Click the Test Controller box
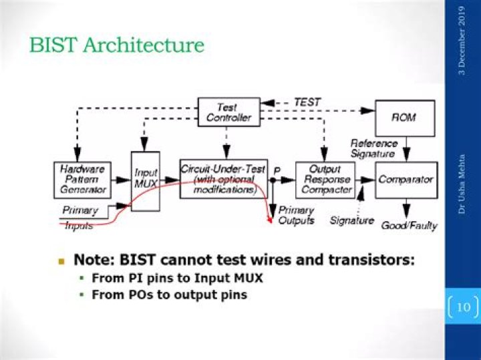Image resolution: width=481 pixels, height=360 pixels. coord(229,112)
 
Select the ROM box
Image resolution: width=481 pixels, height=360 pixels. coord(405,118)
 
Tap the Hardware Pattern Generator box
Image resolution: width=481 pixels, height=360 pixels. coord(82,180)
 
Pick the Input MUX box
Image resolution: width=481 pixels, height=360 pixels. coord(146,181)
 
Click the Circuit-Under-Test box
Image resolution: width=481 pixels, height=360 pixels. coord(224,179)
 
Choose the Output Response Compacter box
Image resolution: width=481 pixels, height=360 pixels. coord(325,180)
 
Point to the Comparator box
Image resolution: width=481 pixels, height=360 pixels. coord(406,180)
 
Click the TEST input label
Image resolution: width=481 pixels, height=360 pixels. coord(307,102)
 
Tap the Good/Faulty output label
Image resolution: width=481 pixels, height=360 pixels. coord(410,226)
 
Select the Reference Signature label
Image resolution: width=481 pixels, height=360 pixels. coord(374,148)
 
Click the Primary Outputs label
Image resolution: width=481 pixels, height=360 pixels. coord(296,215)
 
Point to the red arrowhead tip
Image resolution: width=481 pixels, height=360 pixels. coord(271,222)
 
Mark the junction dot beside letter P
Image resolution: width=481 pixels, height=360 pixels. coord(273,180)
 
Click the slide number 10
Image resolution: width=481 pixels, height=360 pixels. coord(464,307)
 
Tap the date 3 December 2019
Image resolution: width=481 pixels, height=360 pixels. coord(462,41)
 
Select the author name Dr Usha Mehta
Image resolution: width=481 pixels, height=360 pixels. coord(462,184)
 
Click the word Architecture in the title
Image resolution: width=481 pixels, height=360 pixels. coord(144,45)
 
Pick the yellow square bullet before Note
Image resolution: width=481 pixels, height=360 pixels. coord(61,262)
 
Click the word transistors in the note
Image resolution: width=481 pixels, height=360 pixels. coord(371,260)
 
